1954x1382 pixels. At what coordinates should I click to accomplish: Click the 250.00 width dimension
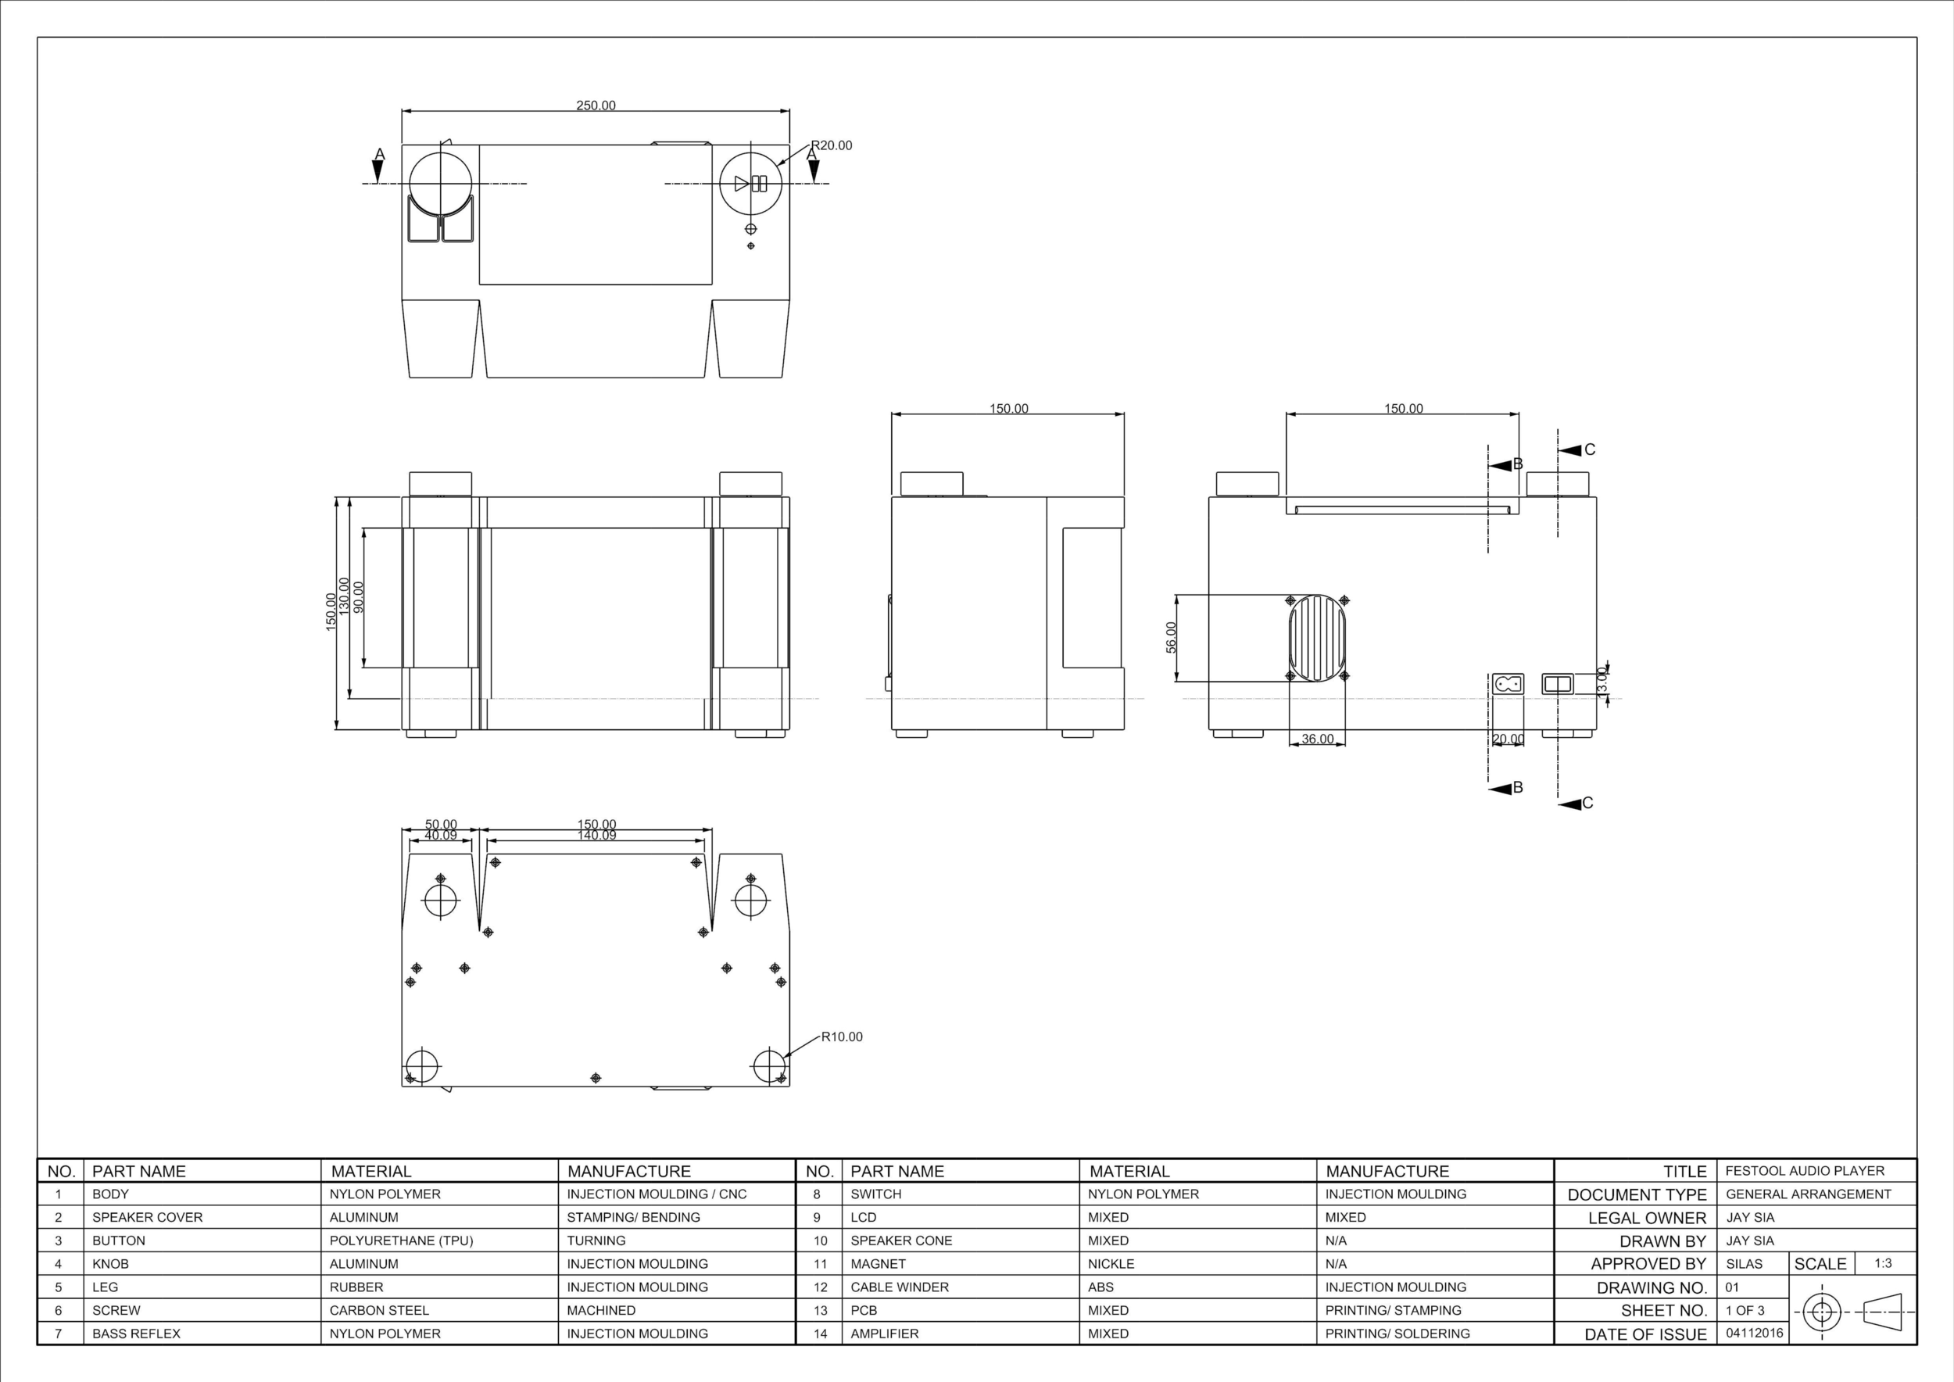coord(596,106)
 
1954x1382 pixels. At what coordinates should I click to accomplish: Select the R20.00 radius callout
coord(832,145)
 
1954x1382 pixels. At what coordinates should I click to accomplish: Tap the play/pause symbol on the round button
coord(750,183)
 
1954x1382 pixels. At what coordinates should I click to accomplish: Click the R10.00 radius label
coord(842,1036)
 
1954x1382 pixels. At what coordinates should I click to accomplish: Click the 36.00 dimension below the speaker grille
coord(1318,739)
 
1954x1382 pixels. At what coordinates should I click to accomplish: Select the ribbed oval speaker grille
coord(1318,639)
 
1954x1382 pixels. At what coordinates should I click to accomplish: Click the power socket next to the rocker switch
coord(1507,683)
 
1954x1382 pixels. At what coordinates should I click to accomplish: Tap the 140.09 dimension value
coord(596,836)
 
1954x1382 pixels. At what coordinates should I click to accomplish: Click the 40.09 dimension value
coord(441,836)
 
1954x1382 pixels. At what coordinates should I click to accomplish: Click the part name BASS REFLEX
coord(136,1334)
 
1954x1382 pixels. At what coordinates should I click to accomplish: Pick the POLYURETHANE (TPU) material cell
coord(401,1241)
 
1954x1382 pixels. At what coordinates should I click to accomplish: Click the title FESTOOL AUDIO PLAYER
coord(1804,1171)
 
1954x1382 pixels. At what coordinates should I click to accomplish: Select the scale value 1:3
coord(1884,1263)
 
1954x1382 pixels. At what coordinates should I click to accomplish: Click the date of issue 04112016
coord(1754,1333)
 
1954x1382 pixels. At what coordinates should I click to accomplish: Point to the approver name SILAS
coord(1744,1264)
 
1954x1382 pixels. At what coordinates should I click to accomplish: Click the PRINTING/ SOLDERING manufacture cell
coord(1397,1334)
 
